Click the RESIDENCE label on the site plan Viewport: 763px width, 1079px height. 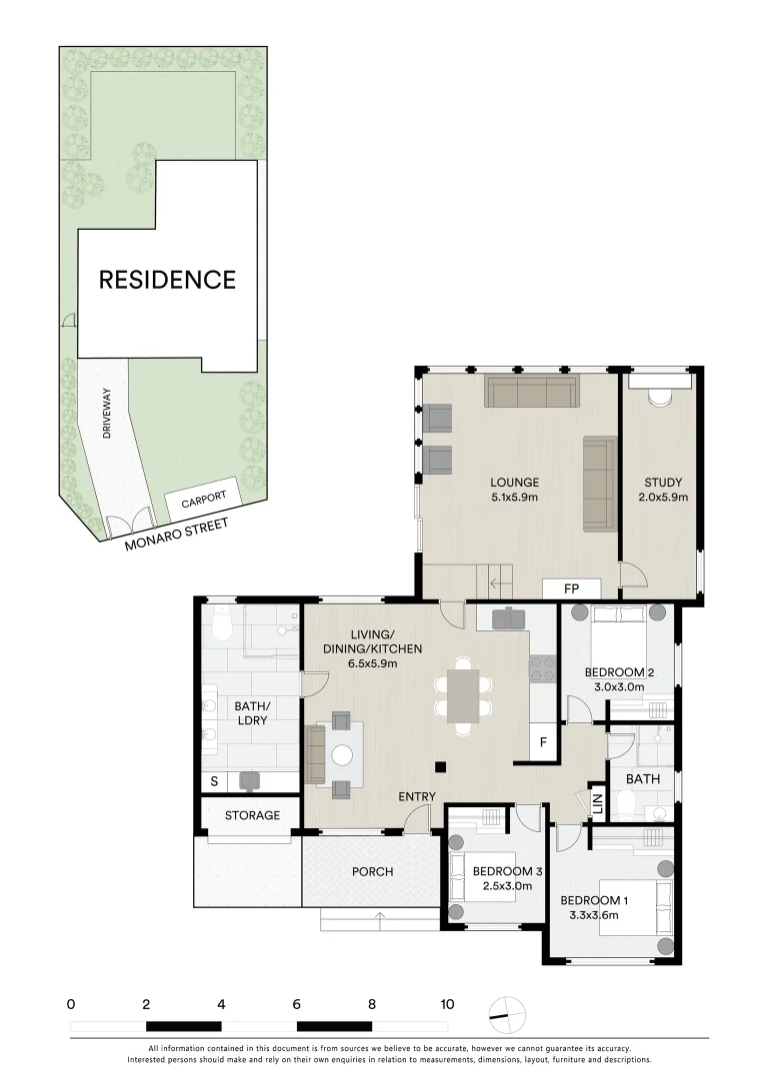pos(167,279)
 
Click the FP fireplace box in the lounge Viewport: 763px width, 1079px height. pos(571,588)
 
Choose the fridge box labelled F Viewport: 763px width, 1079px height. pos(543,741)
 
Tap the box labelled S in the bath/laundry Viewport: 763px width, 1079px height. pos(213,780)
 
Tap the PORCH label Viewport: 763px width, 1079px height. pos(372,871)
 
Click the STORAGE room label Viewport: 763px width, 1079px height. pos(252,815)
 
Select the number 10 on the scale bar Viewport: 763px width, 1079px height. pos(446,1004)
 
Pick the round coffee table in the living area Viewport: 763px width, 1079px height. pos(343,756)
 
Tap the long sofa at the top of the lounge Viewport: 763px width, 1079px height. pos(531,392)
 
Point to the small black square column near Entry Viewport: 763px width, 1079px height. pos(438,767)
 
